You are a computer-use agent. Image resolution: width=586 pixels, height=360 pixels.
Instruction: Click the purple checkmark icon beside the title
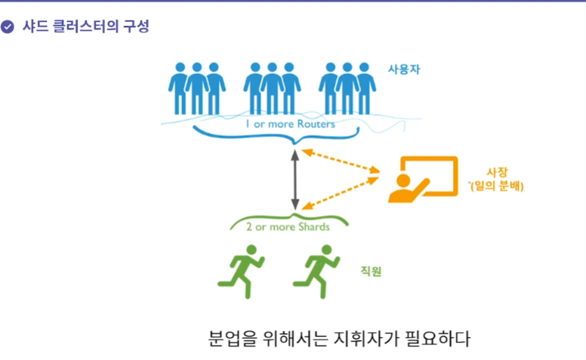(8, 27)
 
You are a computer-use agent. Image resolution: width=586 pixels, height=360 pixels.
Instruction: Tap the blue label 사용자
(404, 69)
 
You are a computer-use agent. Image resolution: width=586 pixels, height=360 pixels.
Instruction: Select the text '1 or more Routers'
(290, 124)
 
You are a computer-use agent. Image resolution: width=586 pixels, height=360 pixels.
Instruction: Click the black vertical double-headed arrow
(295, 179)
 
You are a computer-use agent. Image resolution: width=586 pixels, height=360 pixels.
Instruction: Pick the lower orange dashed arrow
(341, 192)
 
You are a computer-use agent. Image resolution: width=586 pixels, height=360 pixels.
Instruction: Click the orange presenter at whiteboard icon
(422, 180)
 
